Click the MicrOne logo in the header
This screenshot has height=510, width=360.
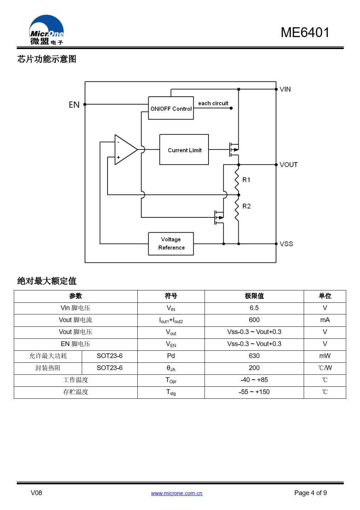click(46, 30)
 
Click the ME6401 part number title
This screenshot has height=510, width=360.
click(305, 32)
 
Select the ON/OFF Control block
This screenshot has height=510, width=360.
click(171, 108)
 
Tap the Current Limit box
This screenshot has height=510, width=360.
click(184, 150)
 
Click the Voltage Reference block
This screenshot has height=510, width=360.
click(171, 244)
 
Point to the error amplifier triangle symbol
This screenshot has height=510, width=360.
click(125, 149)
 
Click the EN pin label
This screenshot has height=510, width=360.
click(74, 105)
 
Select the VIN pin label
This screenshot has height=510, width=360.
click(285, 89)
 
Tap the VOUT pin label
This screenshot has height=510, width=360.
click(288, 165)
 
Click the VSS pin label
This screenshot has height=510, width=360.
click(286, 244)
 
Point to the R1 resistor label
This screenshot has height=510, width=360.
click(246, 180)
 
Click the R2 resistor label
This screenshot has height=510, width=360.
click(246, 206)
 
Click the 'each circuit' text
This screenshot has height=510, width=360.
click(213, 103)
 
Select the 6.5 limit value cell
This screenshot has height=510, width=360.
click(254, 308)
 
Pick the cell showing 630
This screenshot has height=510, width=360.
click(254, 356)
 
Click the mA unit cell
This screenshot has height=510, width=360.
click(325, 320)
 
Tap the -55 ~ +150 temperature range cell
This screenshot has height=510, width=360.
click(254, 392)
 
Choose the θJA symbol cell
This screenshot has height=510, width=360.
click(171, 368)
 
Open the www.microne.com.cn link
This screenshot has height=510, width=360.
click(177, 493)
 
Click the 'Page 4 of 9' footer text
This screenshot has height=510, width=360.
click(310, 493)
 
